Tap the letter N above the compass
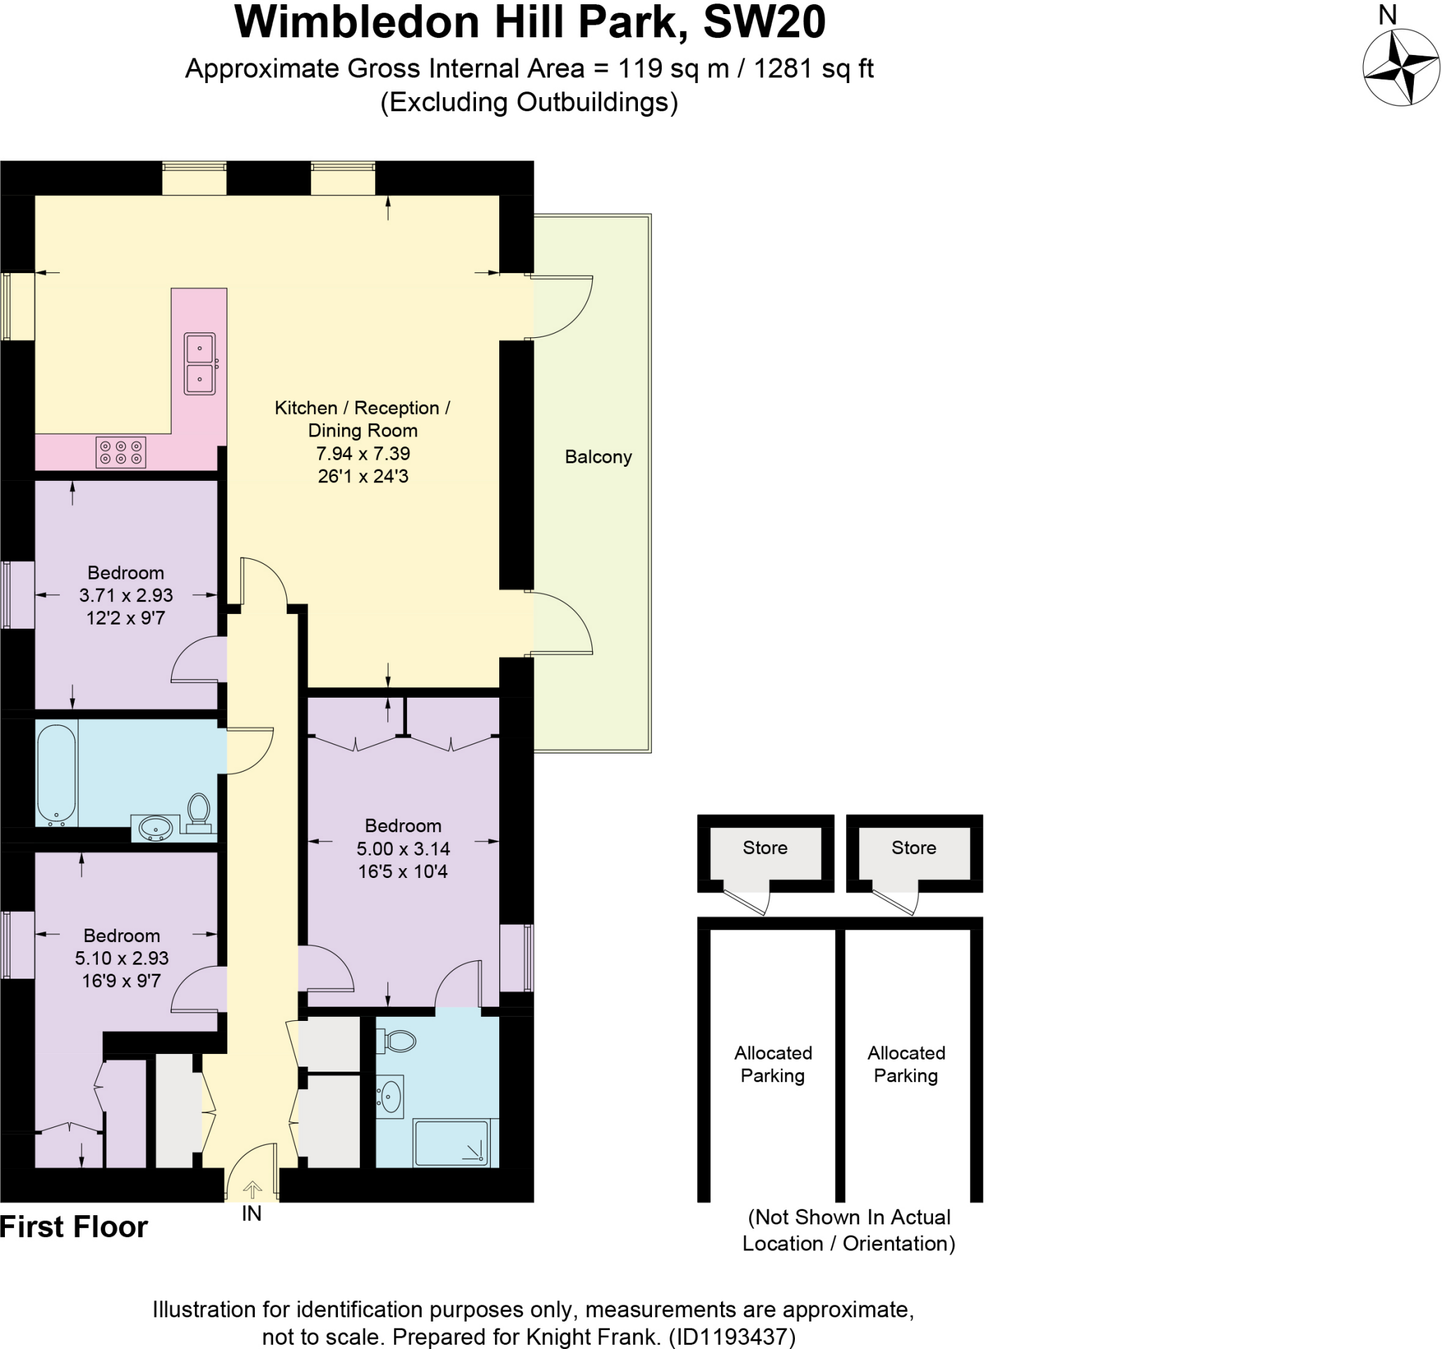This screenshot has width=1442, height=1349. coord(1387,15)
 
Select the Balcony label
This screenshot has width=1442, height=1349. coord(598,457)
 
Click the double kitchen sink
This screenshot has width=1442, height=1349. coord(199,363)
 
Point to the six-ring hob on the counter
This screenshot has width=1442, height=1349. coord(121,453)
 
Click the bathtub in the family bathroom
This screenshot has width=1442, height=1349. coord(56,773)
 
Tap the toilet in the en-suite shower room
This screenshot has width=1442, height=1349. coord(397,1043)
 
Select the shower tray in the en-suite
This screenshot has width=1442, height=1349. coord(451,1142)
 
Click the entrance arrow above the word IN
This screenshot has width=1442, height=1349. coord(251,1189)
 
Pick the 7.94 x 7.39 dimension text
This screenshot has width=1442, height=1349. coord(363,453)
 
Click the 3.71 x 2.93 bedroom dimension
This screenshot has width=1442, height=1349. coord(125,596)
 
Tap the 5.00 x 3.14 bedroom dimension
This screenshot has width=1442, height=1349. coord(403,848)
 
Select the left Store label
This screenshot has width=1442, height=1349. coord(765,847)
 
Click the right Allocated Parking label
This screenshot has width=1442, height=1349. coord(906,1064)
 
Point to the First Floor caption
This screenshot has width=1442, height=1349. coord(73,1227)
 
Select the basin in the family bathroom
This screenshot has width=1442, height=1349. coord(155,827)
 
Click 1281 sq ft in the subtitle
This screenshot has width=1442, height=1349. coord(813,68)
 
